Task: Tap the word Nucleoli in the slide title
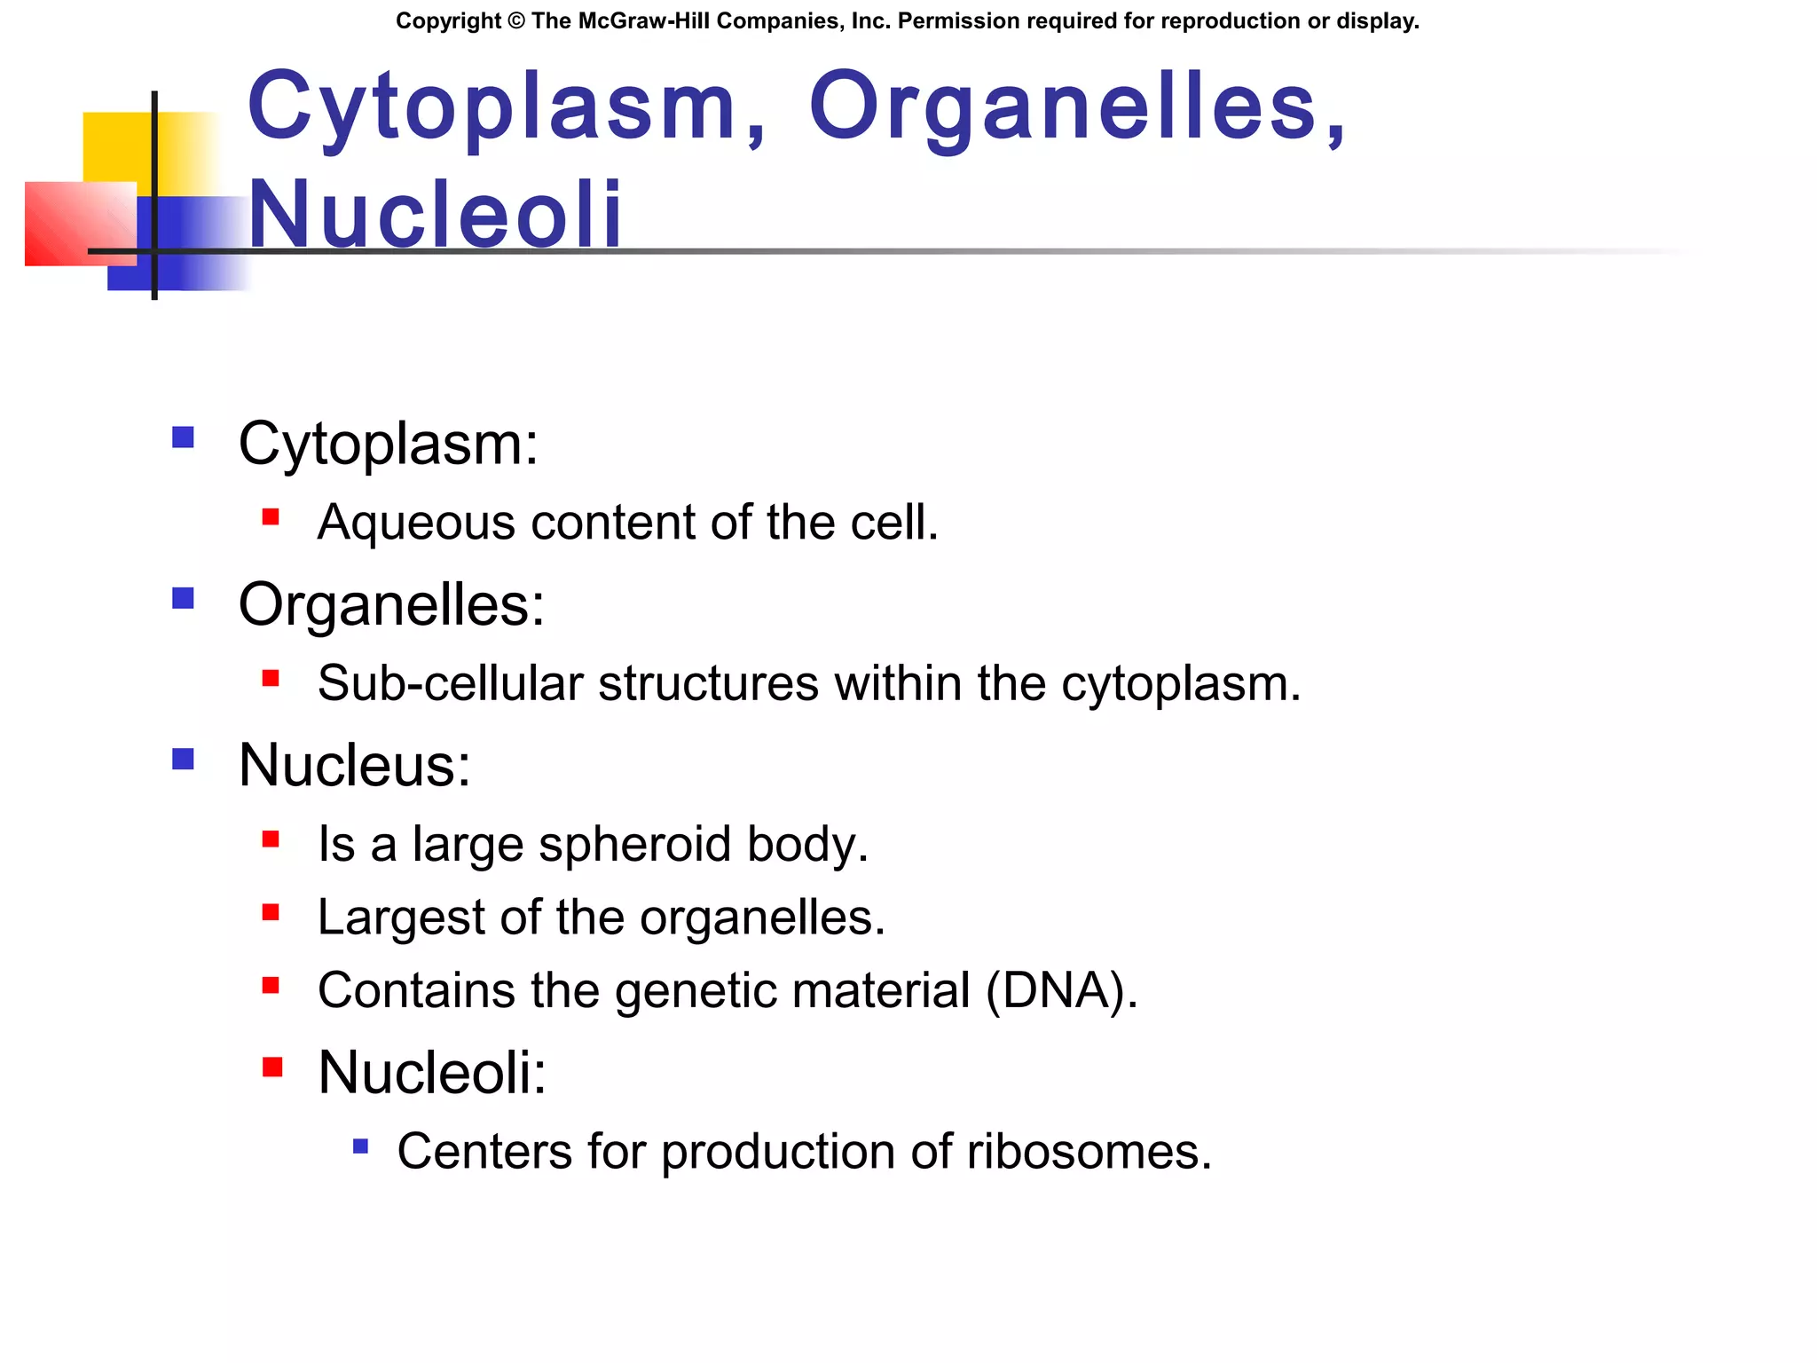click(x=435, y=215)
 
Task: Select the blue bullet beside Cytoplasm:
click(x=183, y=437)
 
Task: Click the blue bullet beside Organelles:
click(x=183, y=598)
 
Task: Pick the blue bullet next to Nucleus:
click(x=183, y=759)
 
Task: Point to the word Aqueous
click(x=416, y=523)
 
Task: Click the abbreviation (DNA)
click(x=1060, y=990)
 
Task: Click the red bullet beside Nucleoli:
click(x=272, y=1067)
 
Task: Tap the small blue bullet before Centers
click(x=360, y=1146)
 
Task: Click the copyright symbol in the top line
click(x=516, y=21)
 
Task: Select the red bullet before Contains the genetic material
click(x=271, y=985)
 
